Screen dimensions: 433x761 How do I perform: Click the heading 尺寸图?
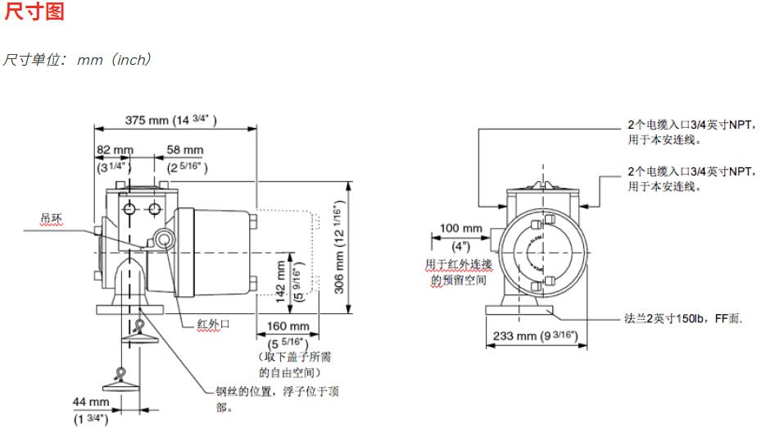pos(34,13)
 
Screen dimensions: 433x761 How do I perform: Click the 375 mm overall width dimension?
pos(171,121)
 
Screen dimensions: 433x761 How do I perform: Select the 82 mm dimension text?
pos(116,150)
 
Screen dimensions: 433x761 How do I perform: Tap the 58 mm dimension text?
pos(185,150)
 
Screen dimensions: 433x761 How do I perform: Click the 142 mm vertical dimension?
pos(281,283)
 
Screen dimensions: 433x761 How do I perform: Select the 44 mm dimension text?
pos(90,402)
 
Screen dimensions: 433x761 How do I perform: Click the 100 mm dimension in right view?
pos(461,228)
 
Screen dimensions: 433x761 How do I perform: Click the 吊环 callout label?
pos(52,219)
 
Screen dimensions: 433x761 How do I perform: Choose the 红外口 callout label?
pos(213,324)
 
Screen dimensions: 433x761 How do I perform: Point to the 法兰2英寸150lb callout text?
pos(682,317)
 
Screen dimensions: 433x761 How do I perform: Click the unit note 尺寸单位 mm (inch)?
pos(78,60)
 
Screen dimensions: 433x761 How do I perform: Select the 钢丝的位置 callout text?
pos(277,399)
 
